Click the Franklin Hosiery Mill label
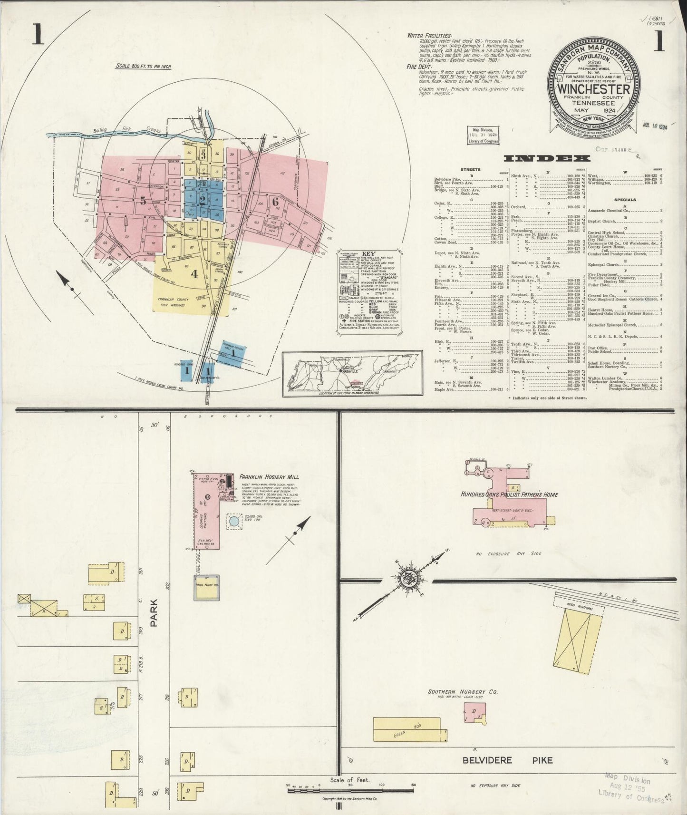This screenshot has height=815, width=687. [269, 476]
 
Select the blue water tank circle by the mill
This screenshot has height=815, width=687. [234, 521]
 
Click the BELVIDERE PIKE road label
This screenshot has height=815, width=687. [508, 759]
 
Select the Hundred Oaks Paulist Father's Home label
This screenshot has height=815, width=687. [509, 495]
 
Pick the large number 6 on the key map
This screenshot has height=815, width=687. [275, 201]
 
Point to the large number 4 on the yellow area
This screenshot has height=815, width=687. [194, 274]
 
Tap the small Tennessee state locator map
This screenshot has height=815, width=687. [352, 373]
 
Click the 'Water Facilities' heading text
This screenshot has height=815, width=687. [429, 36]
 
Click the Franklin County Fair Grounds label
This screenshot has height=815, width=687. [170, 303]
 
